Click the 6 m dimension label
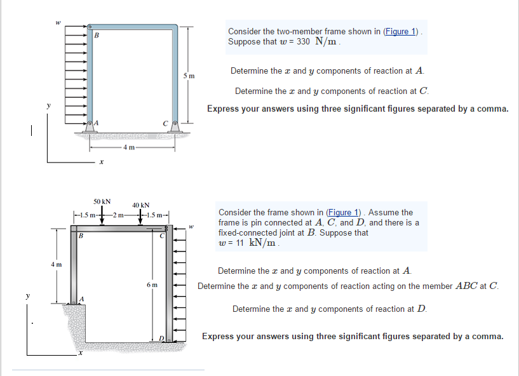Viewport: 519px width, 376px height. (x=151, y=285)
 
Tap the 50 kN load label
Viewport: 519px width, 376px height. (x=102, y=201)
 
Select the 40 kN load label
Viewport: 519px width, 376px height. (x=140, y=205)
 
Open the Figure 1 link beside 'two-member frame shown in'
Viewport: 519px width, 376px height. (x=401, y=31)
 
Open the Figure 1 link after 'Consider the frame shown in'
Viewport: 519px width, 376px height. (x=343, y=212)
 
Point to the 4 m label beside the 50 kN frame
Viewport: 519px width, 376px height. (x=57, y=264)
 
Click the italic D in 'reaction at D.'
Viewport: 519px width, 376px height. (x=422, y=309)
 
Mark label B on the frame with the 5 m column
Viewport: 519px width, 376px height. (x=97, y=35)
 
